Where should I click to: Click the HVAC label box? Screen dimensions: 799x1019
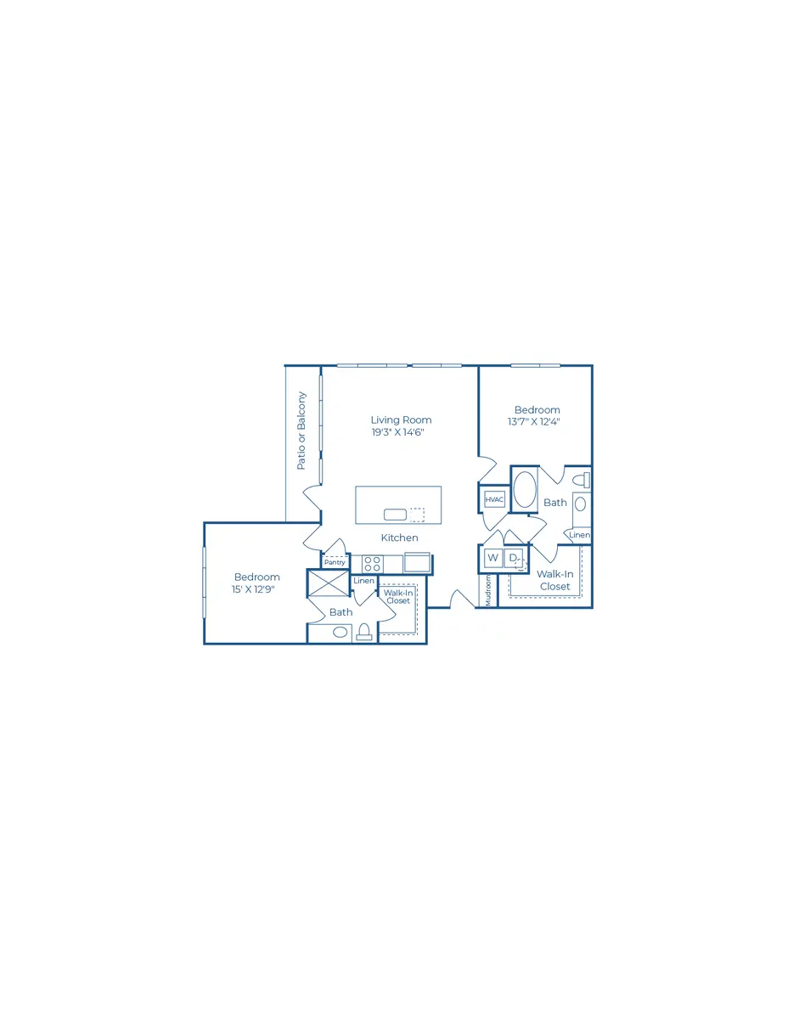click(494, 499)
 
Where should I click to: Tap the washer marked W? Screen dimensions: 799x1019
click(492, 558)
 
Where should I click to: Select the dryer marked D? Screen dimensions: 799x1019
click(514, 558)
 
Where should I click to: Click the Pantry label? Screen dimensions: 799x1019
click(335, 562)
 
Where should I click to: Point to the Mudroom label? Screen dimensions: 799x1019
click(488, 591)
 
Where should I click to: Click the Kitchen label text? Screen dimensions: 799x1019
click(399, 538)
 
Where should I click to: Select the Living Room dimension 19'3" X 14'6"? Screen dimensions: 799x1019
click(397, 432)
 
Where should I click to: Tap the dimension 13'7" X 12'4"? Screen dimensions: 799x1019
click(533, 421)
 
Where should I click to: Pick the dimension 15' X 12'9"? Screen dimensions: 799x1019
click(253, 589)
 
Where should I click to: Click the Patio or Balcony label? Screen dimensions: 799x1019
click(301, 431)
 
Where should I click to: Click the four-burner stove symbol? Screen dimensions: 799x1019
click(372, 564)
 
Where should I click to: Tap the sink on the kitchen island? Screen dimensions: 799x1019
click(395, 515)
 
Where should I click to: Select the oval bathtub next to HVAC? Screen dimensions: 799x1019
click(525, 489)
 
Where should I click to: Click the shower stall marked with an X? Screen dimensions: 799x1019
click(329, 583)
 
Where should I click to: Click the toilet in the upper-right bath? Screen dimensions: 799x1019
click(582, 480)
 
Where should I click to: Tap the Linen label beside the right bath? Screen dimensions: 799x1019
click(579, 535)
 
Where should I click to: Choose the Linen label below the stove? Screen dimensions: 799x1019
click(364, 581)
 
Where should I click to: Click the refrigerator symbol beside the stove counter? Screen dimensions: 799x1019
click(417, 562)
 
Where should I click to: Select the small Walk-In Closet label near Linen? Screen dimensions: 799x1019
click(398, 597)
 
